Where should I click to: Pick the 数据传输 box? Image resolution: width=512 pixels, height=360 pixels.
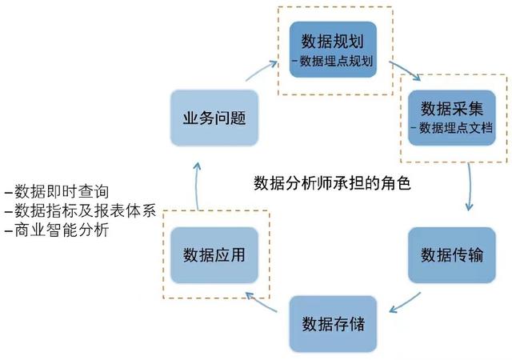(453, 254)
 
